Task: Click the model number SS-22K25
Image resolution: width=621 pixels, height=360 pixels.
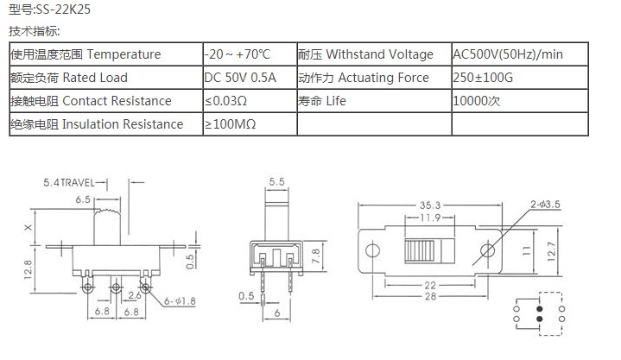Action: pos(63,9)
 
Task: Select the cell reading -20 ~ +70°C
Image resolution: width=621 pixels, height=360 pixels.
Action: pos(238,54)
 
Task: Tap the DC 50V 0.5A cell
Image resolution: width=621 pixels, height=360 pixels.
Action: pos(240,77)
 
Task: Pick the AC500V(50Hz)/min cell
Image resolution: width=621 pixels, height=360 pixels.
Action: pos(508,54)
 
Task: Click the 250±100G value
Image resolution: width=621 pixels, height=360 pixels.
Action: pos(483,77)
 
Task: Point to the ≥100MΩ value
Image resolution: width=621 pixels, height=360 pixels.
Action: pos(230,124)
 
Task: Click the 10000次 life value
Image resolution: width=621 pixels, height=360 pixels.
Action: pos(477,101)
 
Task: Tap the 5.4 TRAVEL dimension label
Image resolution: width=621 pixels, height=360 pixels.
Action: pos(69,182)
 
